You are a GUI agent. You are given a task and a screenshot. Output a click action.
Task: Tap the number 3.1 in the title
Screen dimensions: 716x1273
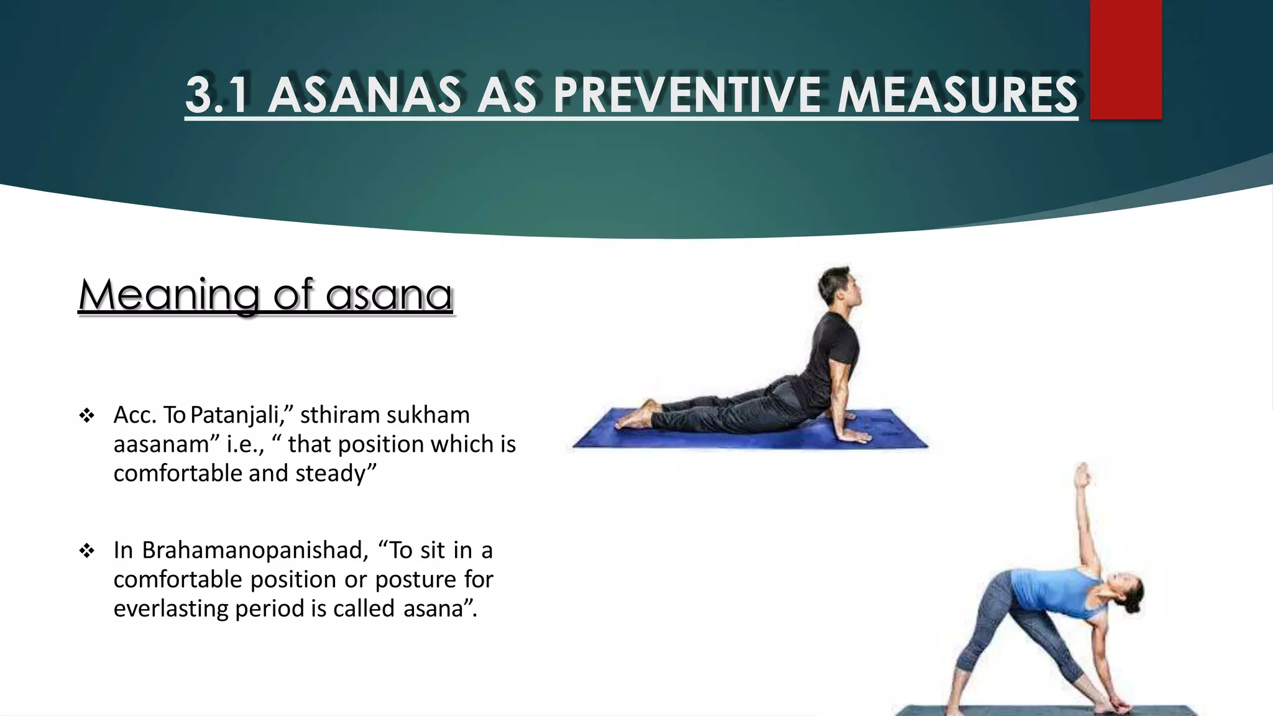[219, 95]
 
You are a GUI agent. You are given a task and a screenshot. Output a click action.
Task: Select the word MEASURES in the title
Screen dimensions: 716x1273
[957, 95]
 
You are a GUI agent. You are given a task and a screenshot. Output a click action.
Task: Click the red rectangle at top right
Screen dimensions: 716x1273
[1126, 59]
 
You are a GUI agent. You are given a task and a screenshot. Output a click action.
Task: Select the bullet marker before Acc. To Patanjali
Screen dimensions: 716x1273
[86, 415]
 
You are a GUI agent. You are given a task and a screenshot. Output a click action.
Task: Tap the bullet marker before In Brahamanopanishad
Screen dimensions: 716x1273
[86, 551]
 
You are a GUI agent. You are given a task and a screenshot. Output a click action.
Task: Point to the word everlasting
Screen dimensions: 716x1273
[170, 608]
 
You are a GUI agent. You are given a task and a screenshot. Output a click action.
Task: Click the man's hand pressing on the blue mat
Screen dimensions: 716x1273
[855, 436]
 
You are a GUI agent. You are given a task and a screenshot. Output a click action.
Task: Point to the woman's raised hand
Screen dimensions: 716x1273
[1082, 475]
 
